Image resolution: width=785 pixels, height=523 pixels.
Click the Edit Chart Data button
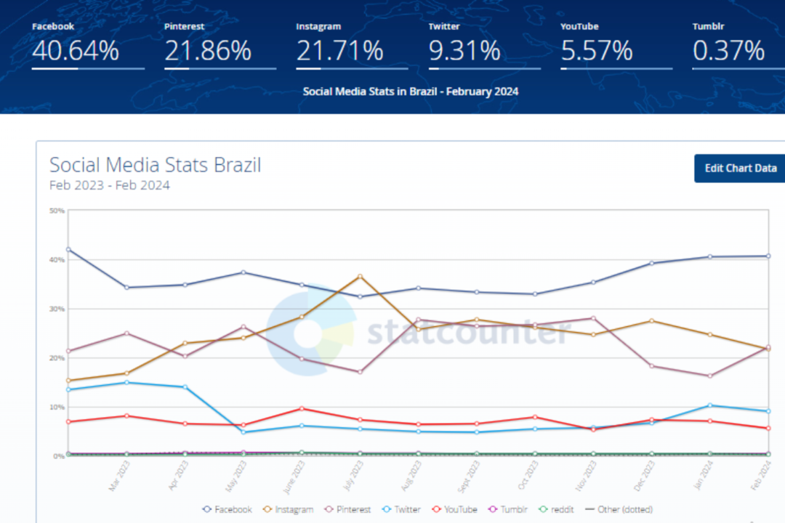(740, 168)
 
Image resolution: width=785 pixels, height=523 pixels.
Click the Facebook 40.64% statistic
(76, 51)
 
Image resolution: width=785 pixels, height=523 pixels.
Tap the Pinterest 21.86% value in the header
(208, 51)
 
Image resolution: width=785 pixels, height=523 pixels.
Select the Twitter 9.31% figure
(464, 51)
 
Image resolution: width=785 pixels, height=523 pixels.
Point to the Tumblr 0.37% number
(728, 51)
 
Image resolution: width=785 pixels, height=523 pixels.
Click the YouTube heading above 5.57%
(579, 26)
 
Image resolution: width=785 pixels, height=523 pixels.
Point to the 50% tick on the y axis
(57, 211)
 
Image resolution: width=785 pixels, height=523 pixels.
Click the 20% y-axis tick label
(57, 358)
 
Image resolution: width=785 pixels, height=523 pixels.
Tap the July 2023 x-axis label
(355, 477)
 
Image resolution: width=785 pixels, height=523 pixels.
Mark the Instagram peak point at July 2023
(360, 277)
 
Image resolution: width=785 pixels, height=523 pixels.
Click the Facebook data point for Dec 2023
(652, 263)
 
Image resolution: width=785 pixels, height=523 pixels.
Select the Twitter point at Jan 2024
(710, 405)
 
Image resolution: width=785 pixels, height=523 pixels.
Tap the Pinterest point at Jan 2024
(710, 376)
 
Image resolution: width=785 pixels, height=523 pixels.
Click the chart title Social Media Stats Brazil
(155, 165)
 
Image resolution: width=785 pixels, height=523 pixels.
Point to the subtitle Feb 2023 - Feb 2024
(109, 185)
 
